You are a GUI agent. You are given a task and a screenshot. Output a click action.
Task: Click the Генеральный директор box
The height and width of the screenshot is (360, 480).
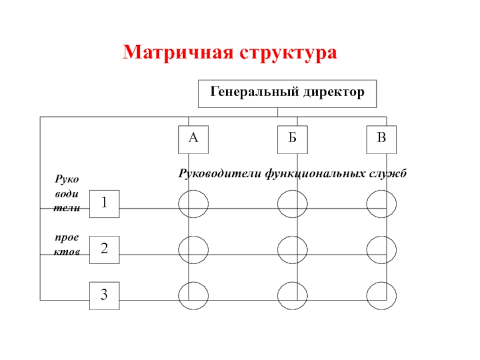click(x=287, y=94)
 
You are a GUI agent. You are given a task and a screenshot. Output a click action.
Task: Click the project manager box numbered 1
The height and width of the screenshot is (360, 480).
click(x=104, y=203)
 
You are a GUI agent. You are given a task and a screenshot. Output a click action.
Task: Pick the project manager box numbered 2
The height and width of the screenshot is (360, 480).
click(x=104, y=250)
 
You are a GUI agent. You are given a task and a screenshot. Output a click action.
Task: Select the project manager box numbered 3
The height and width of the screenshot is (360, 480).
click(x=104, y=295)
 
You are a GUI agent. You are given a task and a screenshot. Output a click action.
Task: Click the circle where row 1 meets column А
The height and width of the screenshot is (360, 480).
click(x=193, y=203)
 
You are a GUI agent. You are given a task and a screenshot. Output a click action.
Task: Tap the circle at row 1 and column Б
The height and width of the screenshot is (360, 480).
click(x=292, y=203)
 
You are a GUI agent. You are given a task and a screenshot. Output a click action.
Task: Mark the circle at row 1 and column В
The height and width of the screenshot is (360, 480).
click(x=382, y=203)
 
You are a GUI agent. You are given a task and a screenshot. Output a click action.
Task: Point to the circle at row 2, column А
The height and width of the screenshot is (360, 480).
click(x=193, y=249)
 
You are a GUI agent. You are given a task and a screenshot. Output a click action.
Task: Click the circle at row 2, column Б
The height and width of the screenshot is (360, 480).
click(x=292, y=249)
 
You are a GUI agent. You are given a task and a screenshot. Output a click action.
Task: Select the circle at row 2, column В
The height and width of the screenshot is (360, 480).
click(x=382, y=249)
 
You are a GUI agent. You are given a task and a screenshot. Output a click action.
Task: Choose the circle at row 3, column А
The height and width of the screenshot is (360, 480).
click(x=193, y=294)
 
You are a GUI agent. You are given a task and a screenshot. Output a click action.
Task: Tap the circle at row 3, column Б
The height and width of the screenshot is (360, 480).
click(x=292, y=294)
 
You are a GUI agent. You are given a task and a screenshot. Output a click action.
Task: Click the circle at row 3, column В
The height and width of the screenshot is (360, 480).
click(x=382, y=294)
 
